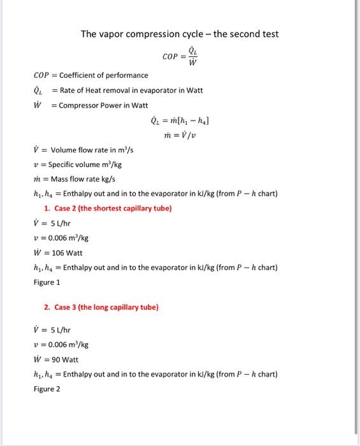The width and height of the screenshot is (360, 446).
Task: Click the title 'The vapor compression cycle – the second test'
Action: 179,34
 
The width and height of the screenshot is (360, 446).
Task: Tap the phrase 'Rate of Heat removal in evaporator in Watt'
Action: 131,90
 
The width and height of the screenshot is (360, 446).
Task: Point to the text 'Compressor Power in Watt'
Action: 103,104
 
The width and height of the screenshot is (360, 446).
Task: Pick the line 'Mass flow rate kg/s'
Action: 79,179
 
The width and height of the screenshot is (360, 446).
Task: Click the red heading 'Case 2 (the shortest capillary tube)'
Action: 108,208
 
